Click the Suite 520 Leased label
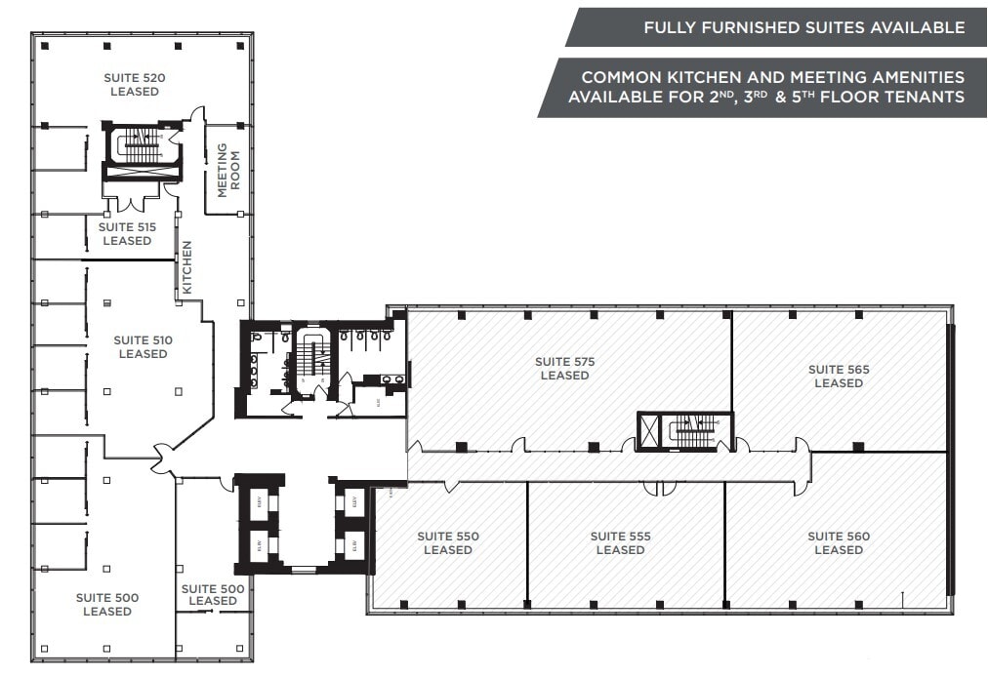click(x=135, y=85)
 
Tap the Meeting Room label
click(x=227, y=170)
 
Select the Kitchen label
click(x=187, y=267)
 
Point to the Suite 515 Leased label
click(x=127, y=234)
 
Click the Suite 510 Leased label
click(x=143, y=347)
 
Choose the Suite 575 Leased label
click(x=564, y=369)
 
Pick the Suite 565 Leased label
click(x=839, y=377)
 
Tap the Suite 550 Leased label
click(x=448, y=543)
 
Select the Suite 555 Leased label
click(x=620, y=543)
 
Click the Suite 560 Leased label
click(x=839, y=543)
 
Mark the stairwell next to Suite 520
click(x=143, y=146)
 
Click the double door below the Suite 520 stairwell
click(x=130, y=202)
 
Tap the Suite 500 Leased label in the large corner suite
click(x=107, y=605)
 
